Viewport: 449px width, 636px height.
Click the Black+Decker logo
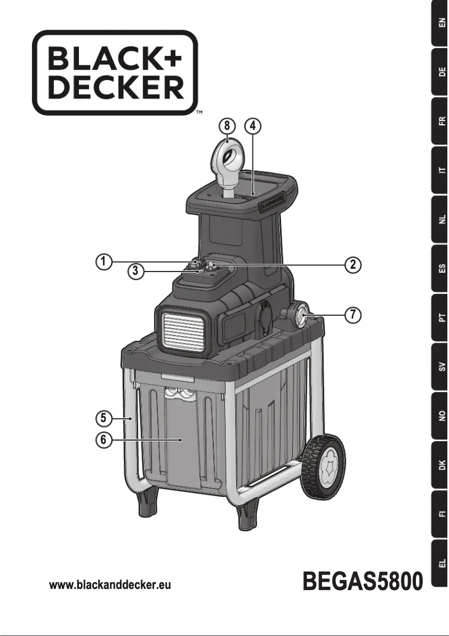click(x=115, y=73)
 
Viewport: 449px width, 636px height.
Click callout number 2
click(x=352, y=264)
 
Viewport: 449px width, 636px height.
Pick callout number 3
click(x=134, y=272)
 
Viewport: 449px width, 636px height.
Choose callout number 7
click(x=352, y=315)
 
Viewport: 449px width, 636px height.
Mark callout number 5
click(x=102, y=418)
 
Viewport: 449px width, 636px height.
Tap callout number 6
click(x=102, y=440)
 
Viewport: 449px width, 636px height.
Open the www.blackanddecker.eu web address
click(x=110, y=585)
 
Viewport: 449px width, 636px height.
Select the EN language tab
click(x=441, y=24)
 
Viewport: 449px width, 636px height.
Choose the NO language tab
click(x=441, y=416)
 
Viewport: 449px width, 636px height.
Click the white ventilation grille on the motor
click(x=181, y=330)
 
